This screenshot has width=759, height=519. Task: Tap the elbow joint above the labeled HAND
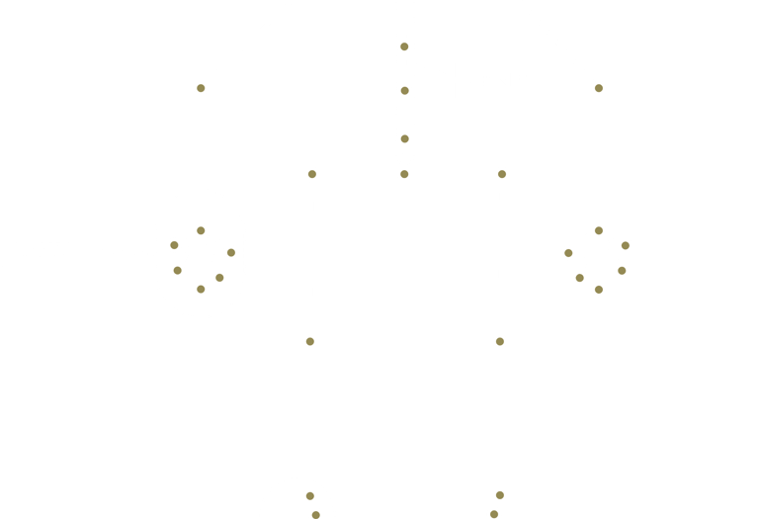[x=201, y=88]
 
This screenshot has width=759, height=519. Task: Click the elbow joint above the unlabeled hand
[x=598, y=88]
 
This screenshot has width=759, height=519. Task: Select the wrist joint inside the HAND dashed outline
[x=201, y=230]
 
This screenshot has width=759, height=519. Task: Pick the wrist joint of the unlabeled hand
[x=598, y=230]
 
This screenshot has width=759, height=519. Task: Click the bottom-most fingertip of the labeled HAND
[x=201, y=289]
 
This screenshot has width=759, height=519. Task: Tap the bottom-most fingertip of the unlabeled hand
[x=598, y=290]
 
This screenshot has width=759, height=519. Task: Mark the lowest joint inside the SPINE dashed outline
[x=404, y=139]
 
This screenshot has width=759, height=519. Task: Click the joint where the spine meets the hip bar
[x=404, y=174]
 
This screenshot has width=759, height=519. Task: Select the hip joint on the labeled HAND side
[x=312, y=174]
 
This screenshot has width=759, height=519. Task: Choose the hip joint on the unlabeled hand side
[x=502, y=174]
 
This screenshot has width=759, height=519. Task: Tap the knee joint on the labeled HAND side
[x=309, y=341]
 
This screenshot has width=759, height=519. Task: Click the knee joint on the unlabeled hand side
[x=500, y=341]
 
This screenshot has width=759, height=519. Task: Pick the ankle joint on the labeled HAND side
[x=309, y=496]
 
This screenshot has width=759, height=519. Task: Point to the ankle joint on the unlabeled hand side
[x=500, y=495]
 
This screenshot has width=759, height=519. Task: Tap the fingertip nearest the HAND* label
[x=174, y=245]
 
